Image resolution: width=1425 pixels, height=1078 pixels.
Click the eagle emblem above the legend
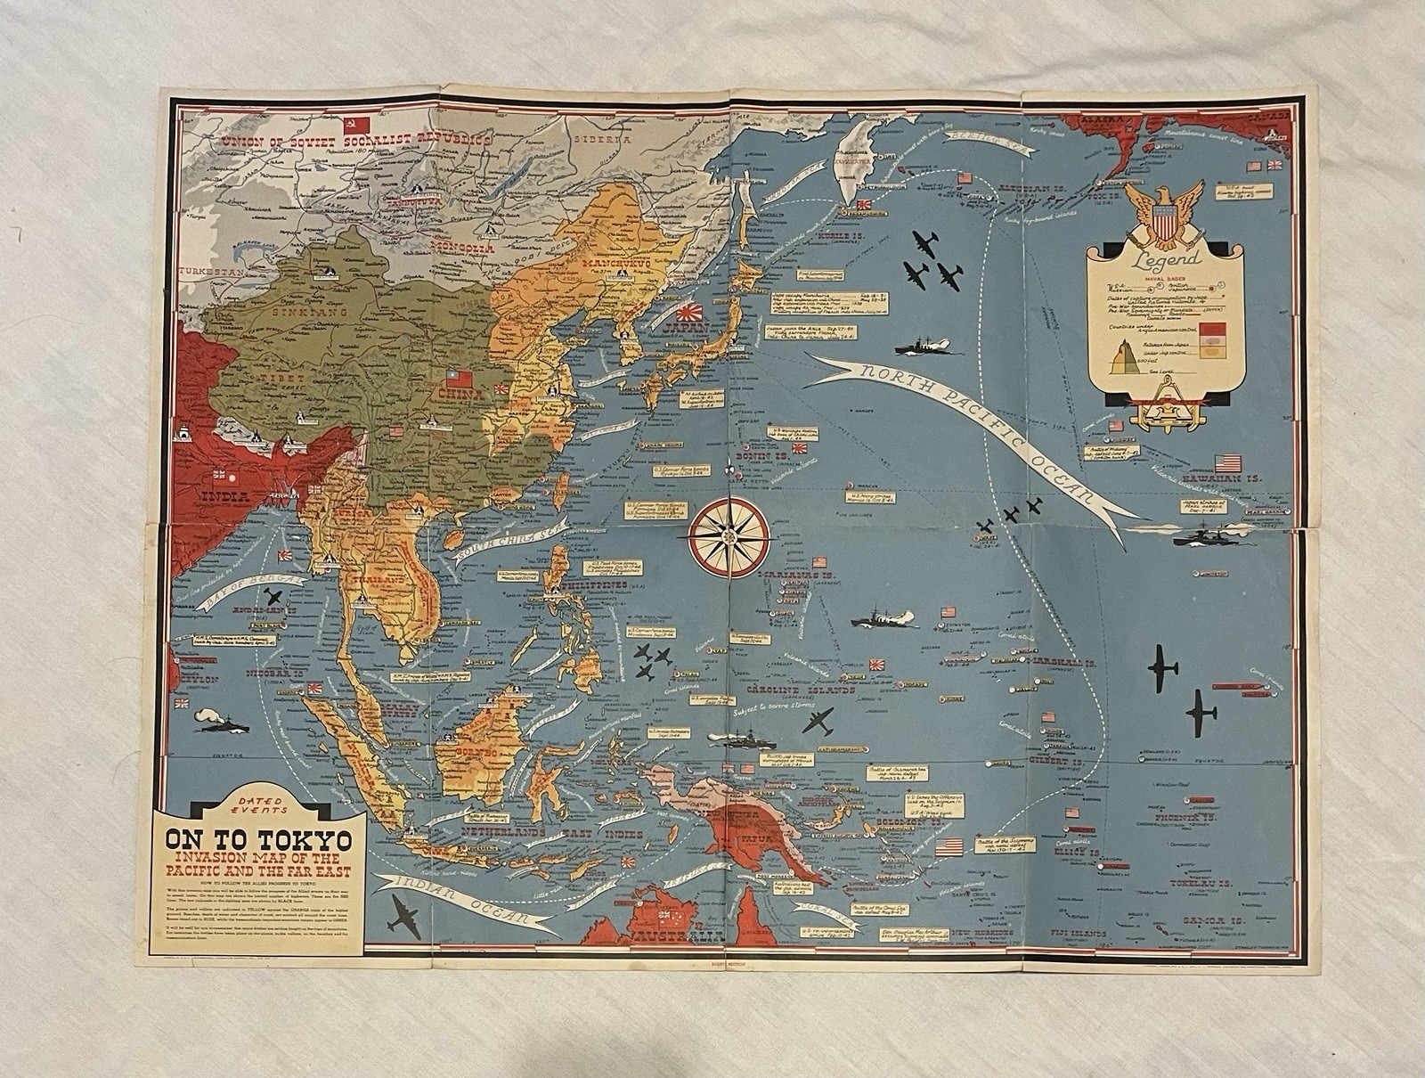tap(1164, 212)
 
